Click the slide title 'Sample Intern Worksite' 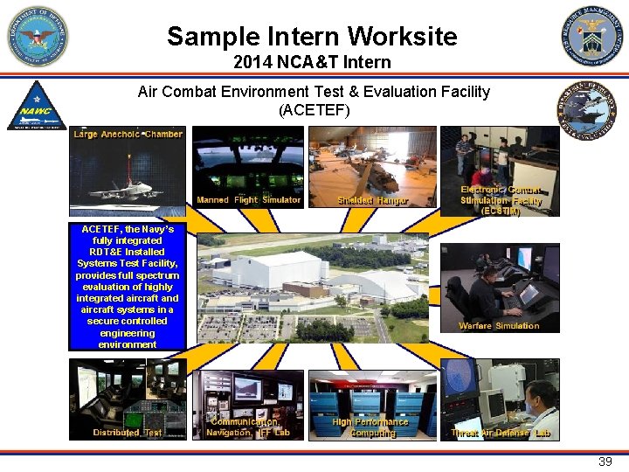coord(312,37)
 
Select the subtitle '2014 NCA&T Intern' coord(312,63)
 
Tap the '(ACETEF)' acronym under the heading coord(314,110)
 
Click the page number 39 coord(605,462)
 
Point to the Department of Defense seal coord(38,37)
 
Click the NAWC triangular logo coord(37,107)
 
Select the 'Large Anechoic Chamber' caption coord(128,134)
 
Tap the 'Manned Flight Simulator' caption coord(248,200)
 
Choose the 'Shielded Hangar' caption coord(373,200)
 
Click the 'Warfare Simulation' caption coord(499,326)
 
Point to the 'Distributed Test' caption coord(128,433)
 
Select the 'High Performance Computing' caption coord(371,427)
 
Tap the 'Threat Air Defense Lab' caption coord(501,433)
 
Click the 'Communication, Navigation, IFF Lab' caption coord(248,427)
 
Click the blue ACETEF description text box coord(128,287)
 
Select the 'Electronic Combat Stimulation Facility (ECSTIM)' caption coord(501,200)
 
